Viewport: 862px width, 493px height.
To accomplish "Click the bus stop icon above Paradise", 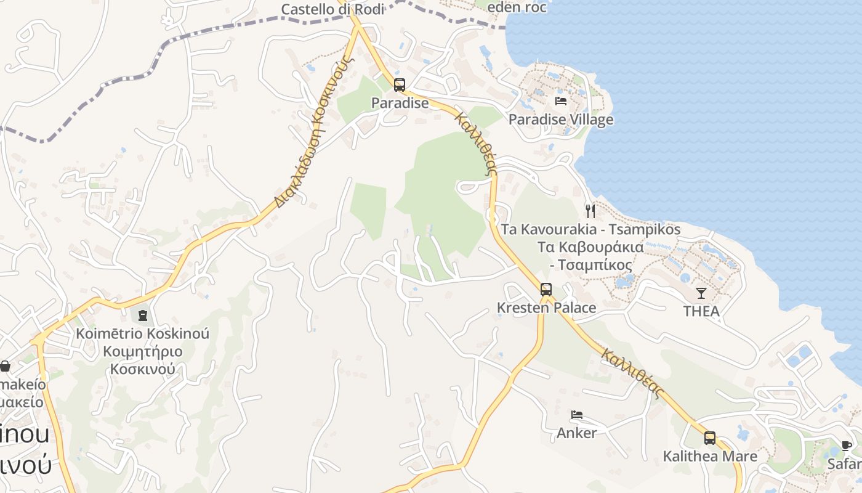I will (x=400, y=85).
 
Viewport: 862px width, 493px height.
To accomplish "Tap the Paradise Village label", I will (x=560, y=119).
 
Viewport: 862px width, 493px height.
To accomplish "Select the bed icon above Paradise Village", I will (x=560, y=100).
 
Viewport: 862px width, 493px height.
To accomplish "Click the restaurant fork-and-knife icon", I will (x=590, y=211).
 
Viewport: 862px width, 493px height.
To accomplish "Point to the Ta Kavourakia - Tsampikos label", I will (x=590, y=229).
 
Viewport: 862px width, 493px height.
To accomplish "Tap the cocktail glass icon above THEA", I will (x=701, y=293).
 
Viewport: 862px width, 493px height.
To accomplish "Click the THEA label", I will (x=701, y=311).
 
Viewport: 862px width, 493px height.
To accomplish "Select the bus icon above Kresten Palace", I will (x=546, y=289).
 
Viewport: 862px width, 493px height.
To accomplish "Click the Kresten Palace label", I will (x=546, y=308).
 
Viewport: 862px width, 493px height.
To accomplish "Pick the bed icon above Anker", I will (x=576, y=415).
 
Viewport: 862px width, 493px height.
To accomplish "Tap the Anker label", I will (x=576, y=433).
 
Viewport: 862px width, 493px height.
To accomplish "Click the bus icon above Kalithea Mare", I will (x=709, y=438).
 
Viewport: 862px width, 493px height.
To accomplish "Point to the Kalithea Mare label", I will (x=709, y=457).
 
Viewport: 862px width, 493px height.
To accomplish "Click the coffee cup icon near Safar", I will (x=847, y=446).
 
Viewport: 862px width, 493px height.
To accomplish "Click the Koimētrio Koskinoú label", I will (x=142, y=334).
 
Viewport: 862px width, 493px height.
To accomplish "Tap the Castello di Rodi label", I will (x=332, y=9).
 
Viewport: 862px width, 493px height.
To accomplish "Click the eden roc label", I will (x=516, y=7).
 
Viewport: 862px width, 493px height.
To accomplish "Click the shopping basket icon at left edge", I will (x=5, y=366).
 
